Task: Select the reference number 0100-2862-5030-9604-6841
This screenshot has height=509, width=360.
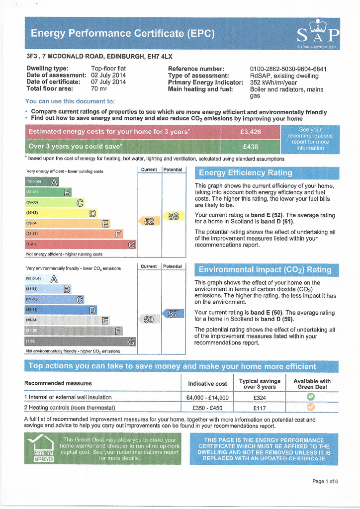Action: pyautogui.click(x=288, y=69)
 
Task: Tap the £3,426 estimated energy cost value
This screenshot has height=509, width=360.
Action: pyautogui.click(x=250, y=132)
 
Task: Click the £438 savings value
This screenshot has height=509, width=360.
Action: pyautogui.click(x=250, y=147)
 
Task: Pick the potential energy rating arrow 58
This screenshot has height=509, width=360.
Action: pyautogui.click(x=173, y=216)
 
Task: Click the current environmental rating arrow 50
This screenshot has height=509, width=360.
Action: pyautogui.click(x=148, y=320)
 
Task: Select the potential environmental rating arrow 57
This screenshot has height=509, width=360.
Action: pyautogui.click(x=172, y=314)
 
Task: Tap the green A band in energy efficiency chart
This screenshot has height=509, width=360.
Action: pyautogui.click(x=42, y=181)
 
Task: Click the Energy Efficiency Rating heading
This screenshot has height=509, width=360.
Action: pyautogui.click(x=246, y=173)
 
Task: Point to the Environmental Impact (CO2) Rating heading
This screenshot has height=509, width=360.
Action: pyautogui.click(x=265, y=270)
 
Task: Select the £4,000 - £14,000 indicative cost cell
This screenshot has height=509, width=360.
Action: pyautogui.click(x=207, y=398)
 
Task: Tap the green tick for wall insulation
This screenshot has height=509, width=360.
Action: pyautogui.click(x=311, y=397)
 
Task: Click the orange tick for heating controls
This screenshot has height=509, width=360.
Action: pyautogui.click(x=311, y=408)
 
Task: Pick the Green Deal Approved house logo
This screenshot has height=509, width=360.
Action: pyautogui.click(x=40, y=448)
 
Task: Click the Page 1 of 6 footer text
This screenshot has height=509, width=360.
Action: pyautogui.click(x=325, y=481)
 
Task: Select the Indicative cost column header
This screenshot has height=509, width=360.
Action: pyautogui.click(x=207, y=384)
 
